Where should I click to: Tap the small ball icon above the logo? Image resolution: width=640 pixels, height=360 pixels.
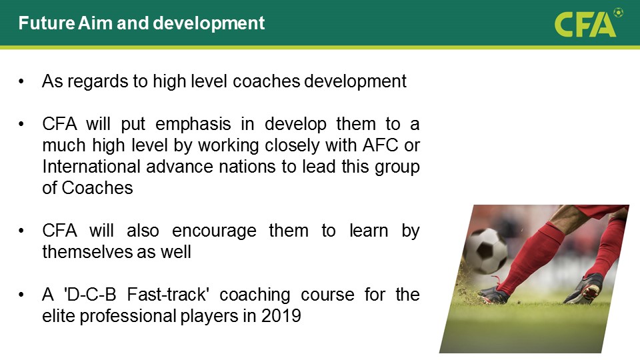point(619,12)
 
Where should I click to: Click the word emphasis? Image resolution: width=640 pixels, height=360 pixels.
point(193,124)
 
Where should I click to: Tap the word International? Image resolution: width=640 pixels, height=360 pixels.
point(92,167)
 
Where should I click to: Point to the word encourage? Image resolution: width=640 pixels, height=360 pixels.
point(214,231)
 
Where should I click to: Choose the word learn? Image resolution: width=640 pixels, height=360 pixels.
point(369,231)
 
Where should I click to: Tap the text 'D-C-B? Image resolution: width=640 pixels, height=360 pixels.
point(90,294)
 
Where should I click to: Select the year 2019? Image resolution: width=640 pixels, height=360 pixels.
point(281,316)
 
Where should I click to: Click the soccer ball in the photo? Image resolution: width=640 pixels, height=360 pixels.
point(485,250)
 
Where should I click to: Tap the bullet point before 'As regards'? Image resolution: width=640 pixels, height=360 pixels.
point(21,81)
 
